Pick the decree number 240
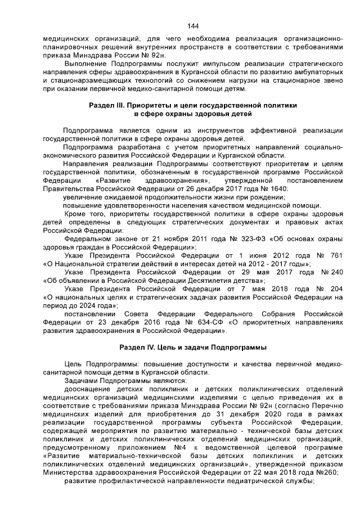335,271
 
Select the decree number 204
336,288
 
